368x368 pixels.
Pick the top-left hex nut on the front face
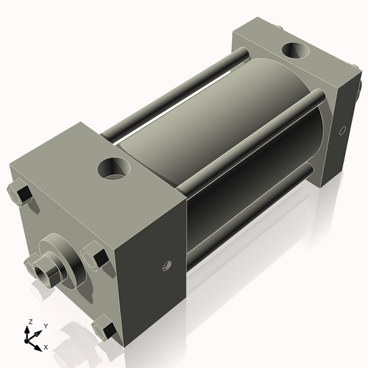coord(21,195)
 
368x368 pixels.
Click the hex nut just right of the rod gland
coord(93,255)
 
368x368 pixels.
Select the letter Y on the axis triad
coord(45,325)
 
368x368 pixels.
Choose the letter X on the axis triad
coord(46,346)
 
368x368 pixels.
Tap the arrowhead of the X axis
coord(39,344)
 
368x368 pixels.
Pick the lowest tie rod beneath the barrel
coord(250,221)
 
